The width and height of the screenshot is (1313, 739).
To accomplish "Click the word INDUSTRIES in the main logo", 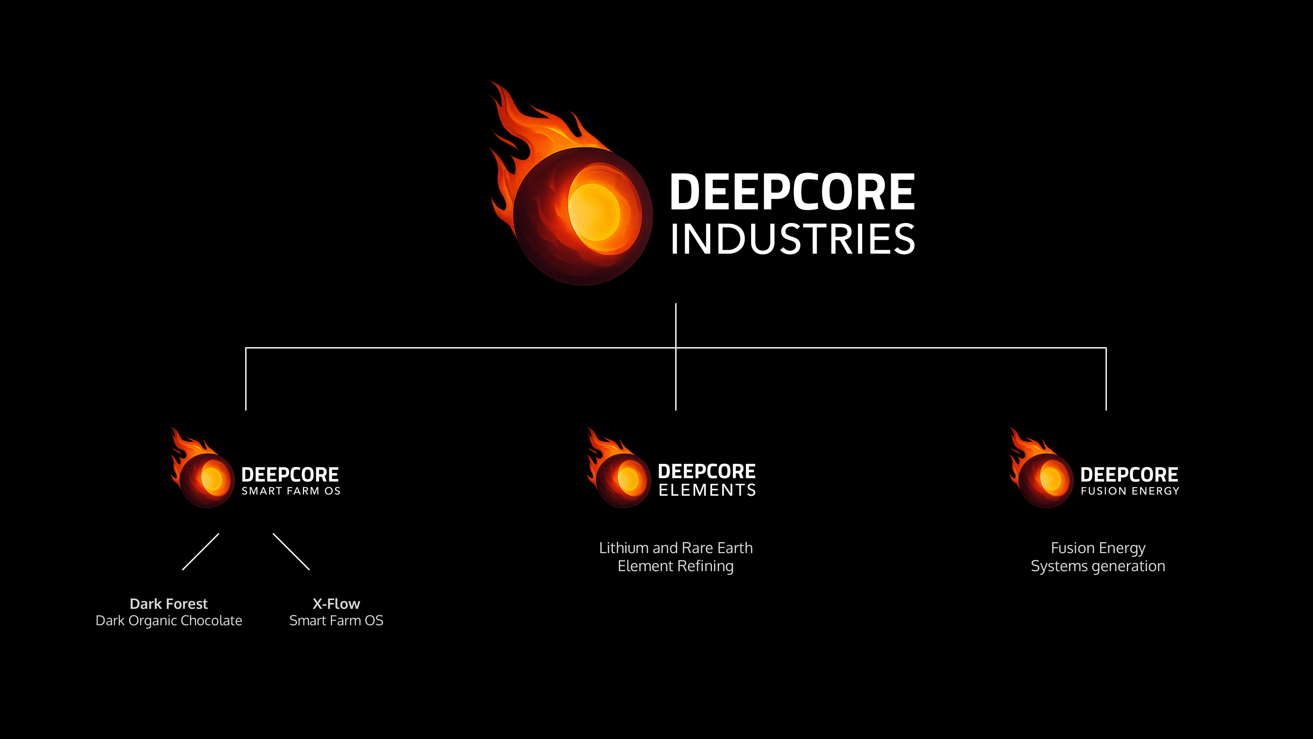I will pyautogui.click(x=793, y=239).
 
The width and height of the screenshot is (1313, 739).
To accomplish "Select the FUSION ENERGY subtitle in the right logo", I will pyautogui.click(x=1130, y=491).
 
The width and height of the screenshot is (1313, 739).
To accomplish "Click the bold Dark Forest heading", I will pyautogui.click(x=169, y=604).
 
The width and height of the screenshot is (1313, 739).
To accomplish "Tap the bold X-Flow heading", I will pyautogui.click(x=336, y=604).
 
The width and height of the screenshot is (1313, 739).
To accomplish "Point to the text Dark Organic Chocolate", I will pyautogui.click(x=169, y=621).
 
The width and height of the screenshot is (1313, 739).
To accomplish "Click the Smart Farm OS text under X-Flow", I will pyautogui.click(x=336, y=621).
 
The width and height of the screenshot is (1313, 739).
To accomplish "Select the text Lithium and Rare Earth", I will pyautogui.click(x=676, y=548).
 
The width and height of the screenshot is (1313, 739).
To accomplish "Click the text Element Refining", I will pyautogui.click(x=676, y=566).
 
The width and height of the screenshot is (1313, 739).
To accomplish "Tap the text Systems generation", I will pyautogui.click(x=1098, y=566).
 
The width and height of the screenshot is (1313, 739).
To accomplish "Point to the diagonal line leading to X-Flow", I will pyautogui.click(x=291, y=552).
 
